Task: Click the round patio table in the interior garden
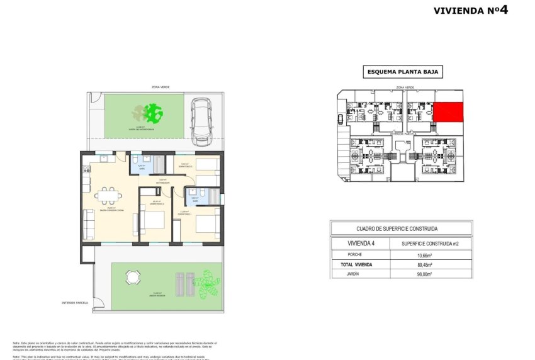click(x=132, y=276)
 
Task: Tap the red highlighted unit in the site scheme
click(x=448, y=112)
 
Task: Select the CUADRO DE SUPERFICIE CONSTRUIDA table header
click(x=401, y=229)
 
